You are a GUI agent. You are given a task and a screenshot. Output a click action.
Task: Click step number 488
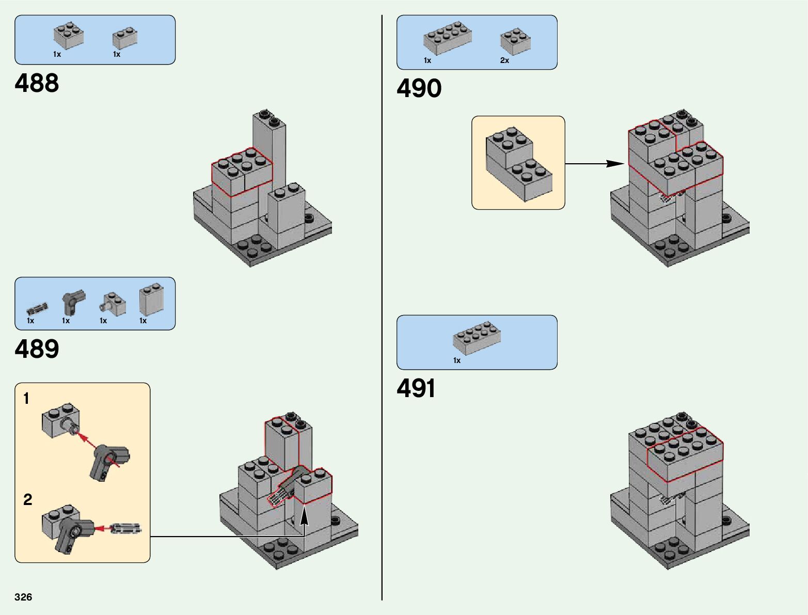click(x=37, y=83)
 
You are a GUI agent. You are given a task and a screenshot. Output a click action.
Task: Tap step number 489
click(x=37, y=349)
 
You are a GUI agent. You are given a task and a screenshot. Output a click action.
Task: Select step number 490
click(x=419, y=88)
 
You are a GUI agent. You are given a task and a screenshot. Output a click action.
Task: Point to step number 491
click(x=416, y=388)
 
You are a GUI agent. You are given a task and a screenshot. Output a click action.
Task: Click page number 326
click(x=23, y=597)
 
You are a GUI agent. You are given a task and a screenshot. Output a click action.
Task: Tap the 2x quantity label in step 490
click(x=504, y=60)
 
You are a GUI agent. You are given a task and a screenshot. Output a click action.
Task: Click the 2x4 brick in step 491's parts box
click(x=477, y=338)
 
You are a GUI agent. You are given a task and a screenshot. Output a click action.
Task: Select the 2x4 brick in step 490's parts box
click(x=447, y=38)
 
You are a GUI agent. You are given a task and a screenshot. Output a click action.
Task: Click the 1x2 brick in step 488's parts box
click(x=125, y=38)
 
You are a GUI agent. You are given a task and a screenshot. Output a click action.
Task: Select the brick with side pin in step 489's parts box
click(x=113, y=304)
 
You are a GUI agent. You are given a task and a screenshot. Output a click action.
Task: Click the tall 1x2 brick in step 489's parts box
click(x=151, y=299)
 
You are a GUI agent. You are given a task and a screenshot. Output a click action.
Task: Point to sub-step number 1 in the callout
click(x=26, y=399)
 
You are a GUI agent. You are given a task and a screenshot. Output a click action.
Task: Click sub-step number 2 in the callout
click(x=27, y=499)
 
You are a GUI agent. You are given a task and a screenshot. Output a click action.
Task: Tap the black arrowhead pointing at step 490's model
click(x=615, y=163)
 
